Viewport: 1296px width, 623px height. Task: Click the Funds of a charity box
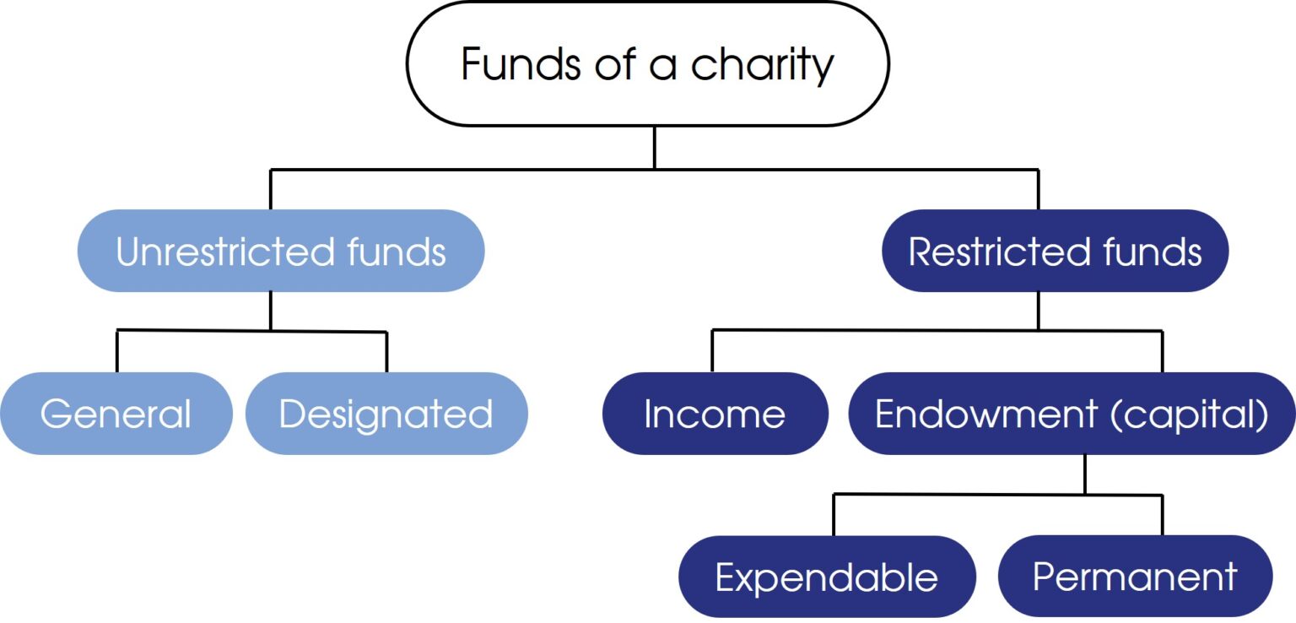(648, 63)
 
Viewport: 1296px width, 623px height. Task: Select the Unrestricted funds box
(281, 251)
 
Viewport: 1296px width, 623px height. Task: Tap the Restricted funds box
(1056, 251)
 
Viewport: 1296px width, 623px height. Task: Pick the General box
(116, 414)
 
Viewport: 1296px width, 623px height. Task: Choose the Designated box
(386, 414)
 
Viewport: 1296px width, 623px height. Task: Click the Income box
(715, 414)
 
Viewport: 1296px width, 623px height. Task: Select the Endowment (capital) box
(1072, 414)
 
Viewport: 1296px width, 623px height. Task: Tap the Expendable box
(828, 576)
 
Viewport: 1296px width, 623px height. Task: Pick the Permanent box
(1135, 576)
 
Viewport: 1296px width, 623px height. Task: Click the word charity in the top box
(762, 66)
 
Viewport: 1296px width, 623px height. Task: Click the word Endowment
(986, 414)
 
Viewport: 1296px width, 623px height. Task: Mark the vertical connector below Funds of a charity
(655, 148)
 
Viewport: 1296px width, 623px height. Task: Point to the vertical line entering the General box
(117, 351)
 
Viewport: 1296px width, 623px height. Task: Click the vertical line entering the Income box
(712, 351)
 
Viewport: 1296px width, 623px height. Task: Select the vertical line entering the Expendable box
(834, 515)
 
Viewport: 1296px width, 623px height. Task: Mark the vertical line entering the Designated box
(386, 352)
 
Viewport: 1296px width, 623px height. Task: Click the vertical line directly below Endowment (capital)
(1085, 474)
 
